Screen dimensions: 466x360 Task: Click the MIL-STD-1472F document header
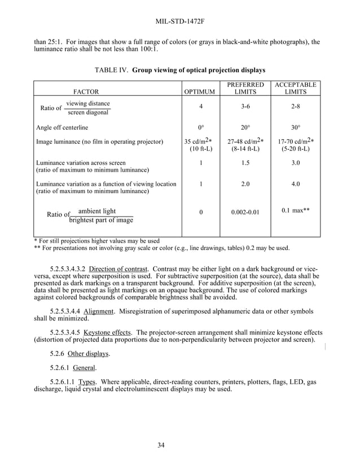(179, 22)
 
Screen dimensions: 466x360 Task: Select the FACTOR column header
(86, 91)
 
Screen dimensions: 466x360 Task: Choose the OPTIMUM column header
(200, 91)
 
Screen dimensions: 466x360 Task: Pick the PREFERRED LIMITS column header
(245, 88)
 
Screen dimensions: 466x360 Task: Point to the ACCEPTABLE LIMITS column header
(295, 88)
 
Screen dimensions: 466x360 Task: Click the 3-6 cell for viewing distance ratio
(245, 107)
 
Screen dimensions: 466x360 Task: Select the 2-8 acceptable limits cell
(295, 107)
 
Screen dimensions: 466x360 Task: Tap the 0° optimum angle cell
(201, 128)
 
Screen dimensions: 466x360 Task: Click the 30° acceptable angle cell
(295, 128)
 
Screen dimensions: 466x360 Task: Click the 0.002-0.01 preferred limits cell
(245, 213)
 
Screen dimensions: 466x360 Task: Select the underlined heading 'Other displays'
(89, 354)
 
